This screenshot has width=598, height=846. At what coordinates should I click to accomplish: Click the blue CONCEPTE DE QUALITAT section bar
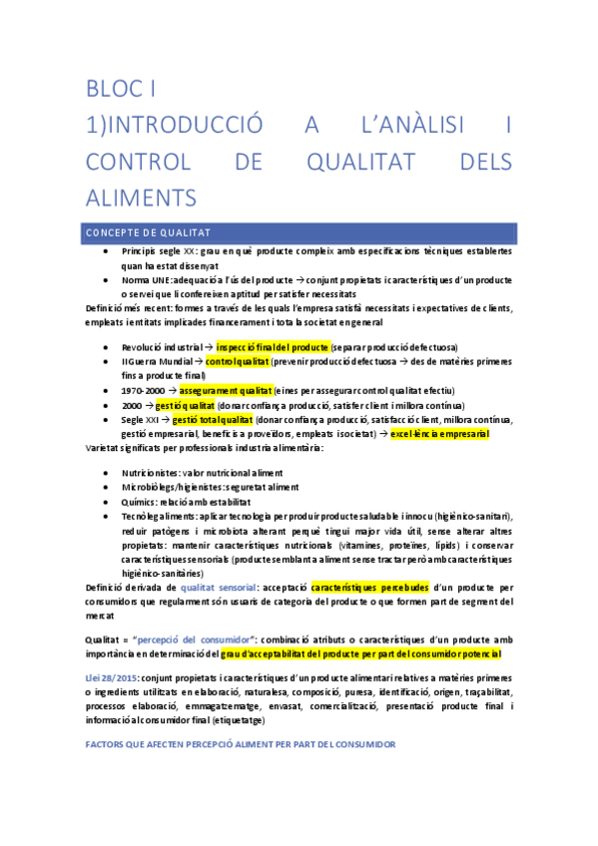[299, 231]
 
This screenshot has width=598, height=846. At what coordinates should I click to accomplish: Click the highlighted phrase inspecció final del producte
[273, 345]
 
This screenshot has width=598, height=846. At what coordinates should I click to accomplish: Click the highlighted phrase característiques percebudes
[370, 589]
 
